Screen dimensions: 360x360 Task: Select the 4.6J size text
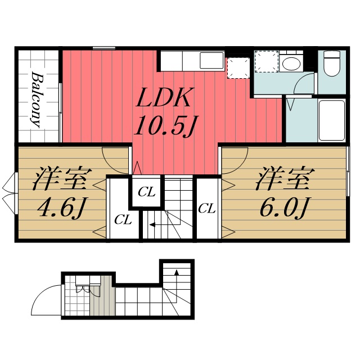[x=61, y=209]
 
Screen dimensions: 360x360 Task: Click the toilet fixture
[x=332, y=63]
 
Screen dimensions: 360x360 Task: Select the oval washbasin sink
[x=291, y=62]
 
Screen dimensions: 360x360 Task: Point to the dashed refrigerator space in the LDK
[x=237, y=67]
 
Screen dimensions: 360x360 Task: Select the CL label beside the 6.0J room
[x=207, y=208]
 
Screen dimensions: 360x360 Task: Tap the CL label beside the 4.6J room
[x=123, y=219]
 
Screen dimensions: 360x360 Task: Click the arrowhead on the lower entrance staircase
[x=177, y=273]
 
